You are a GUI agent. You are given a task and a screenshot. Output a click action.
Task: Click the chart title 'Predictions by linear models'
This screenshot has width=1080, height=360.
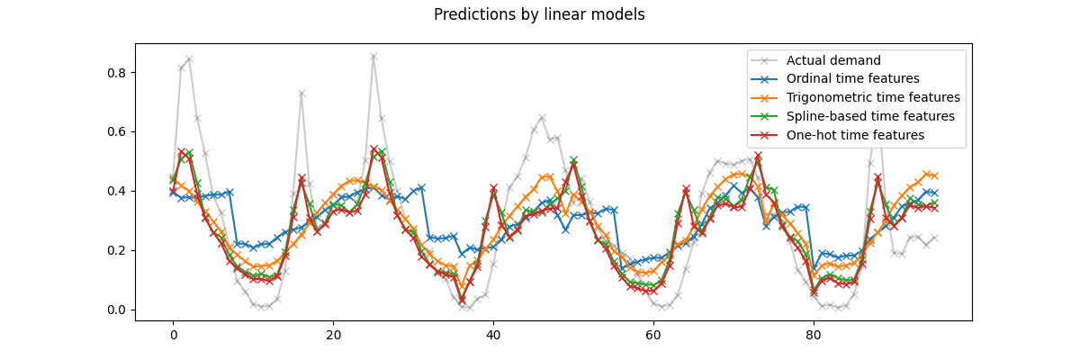(x=539, y=14)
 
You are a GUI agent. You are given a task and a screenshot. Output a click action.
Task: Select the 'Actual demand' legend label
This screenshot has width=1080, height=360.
(x=833, y=60)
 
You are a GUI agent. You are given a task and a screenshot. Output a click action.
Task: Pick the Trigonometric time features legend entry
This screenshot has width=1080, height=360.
(x=873, y=98)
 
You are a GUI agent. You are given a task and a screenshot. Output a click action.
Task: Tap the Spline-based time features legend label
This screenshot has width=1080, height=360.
(x=870, y=117)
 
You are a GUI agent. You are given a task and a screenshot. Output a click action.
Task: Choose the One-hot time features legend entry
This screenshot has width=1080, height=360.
(x=855, y=136)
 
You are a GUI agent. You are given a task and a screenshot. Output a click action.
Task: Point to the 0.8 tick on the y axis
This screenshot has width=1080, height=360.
(x=117, y=73)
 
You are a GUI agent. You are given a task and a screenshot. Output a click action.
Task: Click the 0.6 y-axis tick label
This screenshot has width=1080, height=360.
(x=117, y=132)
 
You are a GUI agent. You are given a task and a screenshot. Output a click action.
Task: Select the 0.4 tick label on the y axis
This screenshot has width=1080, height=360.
(x=117, y=191)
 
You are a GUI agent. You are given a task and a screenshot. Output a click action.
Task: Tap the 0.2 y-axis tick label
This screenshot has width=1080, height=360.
(x=117, y=250)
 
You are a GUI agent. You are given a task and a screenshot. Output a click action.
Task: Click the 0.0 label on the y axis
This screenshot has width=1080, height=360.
(x=117, y=310)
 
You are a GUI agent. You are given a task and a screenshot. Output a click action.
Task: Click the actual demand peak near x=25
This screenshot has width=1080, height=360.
(x=373, y=57)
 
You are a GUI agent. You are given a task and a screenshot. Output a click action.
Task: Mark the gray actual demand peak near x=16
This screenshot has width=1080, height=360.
(x=301, y=94)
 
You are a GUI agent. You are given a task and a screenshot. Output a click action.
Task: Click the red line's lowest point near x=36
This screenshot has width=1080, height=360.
(x=462, y=301)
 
